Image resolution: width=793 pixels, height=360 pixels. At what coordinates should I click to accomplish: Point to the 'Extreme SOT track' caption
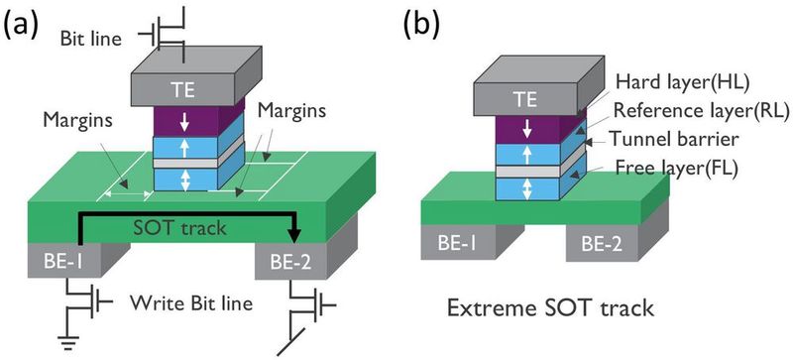[564, 307]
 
